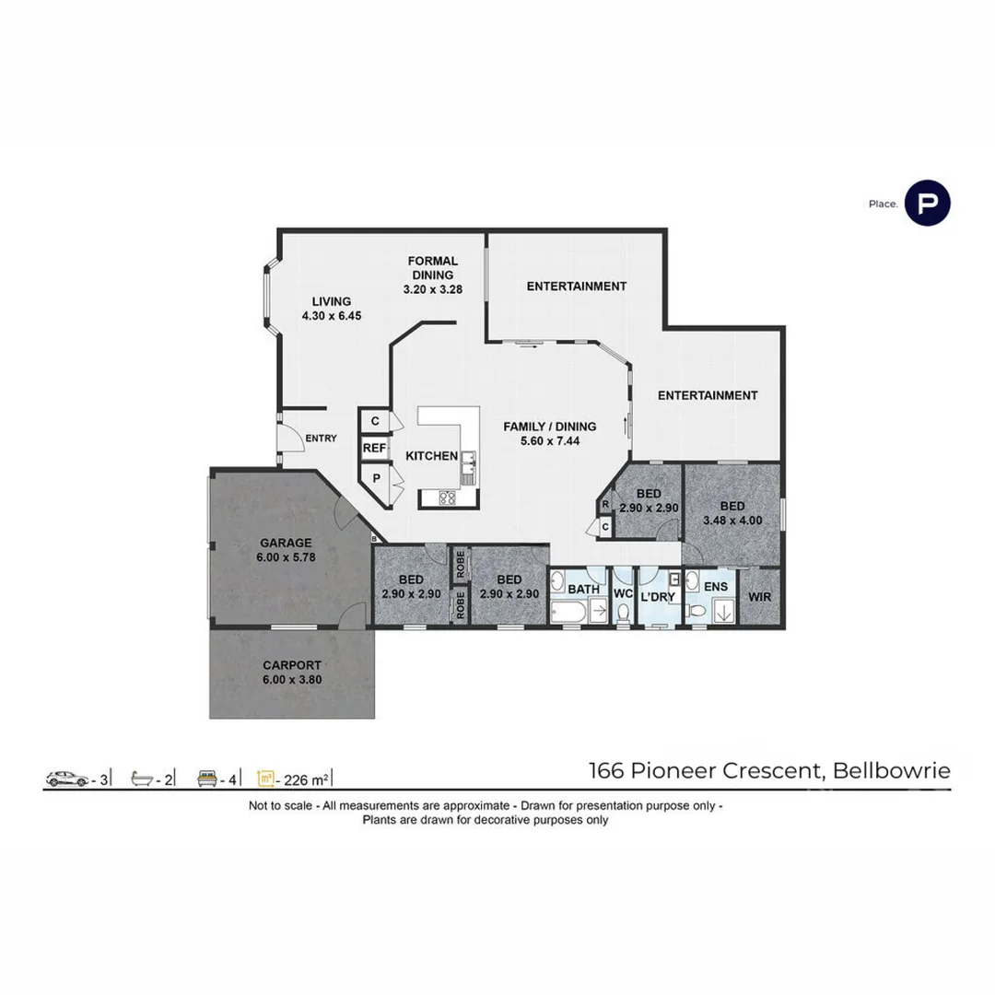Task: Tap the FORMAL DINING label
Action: (x=432, y=275)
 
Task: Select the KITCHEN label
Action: (x=431, y=456)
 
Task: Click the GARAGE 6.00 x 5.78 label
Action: (x=285, y=550)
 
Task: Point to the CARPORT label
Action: (x=291, y=672)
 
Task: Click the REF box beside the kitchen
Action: (x=373, y=449)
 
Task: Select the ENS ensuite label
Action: (x=715, y=586)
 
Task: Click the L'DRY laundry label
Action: (x=658, y=596)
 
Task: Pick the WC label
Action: (x=623, y=593)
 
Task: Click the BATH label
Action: (x=584, y=589)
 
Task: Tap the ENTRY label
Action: (x=321, y=439)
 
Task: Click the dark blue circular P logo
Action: (x=927, y=204)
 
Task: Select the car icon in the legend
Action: (x=66, y=779)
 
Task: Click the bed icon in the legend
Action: (x=208, y=779)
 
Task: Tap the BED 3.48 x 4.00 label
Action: (x=732, y=513)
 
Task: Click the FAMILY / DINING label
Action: (x=549, y=433)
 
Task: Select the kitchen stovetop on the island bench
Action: (x=449, y=498)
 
